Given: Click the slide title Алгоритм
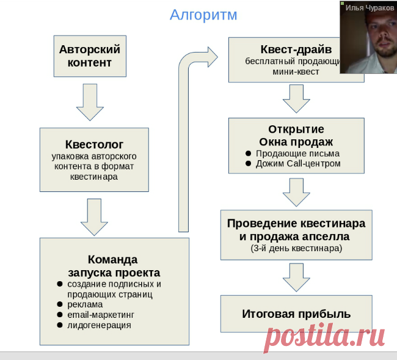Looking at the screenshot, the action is (x=203, y=15).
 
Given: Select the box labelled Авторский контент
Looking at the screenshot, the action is (x=90, y=56).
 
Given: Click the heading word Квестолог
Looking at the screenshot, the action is (x=94, y=144).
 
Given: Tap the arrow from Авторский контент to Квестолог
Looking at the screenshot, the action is (x=90, y=102).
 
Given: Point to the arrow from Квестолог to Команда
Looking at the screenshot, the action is (x=94, y=217).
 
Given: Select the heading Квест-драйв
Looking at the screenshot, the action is (x=296, y=50).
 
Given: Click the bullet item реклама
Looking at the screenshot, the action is (x=85, y=304).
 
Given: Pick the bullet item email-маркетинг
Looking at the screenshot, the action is (x=101, y=315).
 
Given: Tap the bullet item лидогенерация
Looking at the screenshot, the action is (x=99, y=325).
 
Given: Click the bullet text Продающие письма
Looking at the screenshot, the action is (x=297, y=153).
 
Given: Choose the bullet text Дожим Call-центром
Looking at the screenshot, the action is (x=298, y=164).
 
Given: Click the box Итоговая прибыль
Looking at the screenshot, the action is (x=296, y=314).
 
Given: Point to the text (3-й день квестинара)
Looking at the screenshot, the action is (x=296, y=248).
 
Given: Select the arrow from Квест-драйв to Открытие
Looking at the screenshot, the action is (x=296, y=99).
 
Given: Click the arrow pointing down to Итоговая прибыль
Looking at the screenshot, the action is (x=296, y=277).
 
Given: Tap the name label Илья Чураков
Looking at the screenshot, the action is (x=370, y=8).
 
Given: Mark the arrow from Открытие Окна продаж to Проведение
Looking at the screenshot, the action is (x=296, y=193).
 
